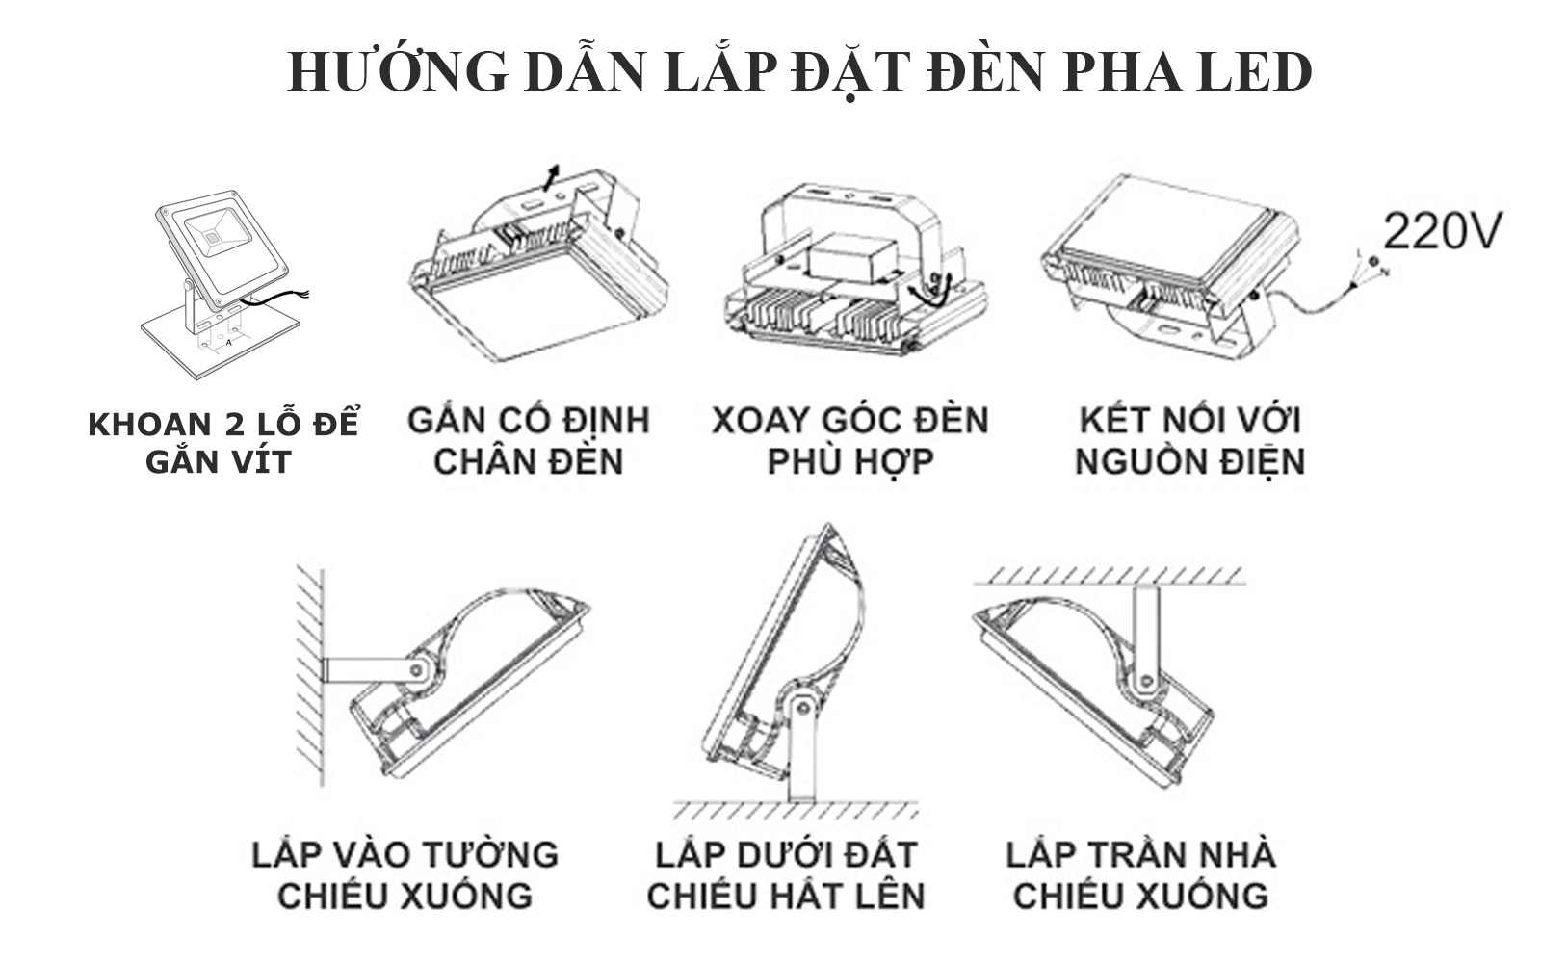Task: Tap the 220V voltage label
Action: click(x=1442, y=230)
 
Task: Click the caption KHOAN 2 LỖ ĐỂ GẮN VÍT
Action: click(x=222, y=443)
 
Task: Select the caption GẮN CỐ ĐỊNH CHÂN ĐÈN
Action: click(x=529, y=441)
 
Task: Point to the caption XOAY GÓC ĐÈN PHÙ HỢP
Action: click(x=849, y=441)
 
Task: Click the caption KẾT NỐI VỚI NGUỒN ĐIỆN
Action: click(x=1189, y=441)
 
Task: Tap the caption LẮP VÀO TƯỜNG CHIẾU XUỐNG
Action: click(x=405, y=874)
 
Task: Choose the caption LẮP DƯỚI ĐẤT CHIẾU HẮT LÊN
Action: click(x=785, y=874)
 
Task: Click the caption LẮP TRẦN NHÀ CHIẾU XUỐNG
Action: click(x=1141, y=874)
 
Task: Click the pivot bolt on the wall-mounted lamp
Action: click(x=417, y=668)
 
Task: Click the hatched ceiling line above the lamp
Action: click(x=1108, y=575)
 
